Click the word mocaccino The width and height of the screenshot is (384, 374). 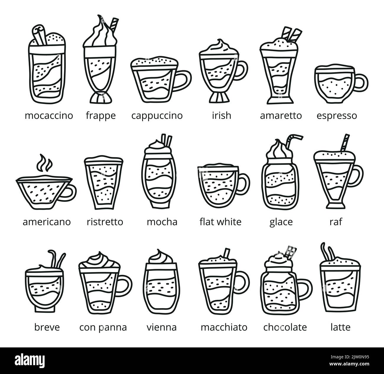(x=49, y=115)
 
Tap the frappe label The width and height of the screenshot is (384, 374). (x=100, y=115)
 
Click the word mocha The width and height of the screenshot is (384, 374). (x=162, y=222)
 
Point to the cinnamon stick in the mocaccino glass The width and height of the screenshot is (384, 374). (x=40, y=34)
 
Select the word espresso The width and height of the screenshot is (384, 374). (x=336, y=115)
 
